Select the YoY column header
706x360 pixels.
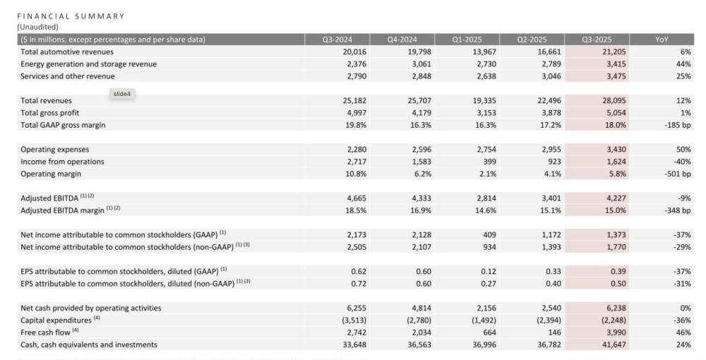point(662,40)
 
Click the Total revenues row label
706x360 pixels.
point(46,101)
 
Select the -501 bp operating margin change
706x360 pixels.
point(677,174)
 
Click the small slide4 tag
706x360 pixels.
point(123,94)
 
